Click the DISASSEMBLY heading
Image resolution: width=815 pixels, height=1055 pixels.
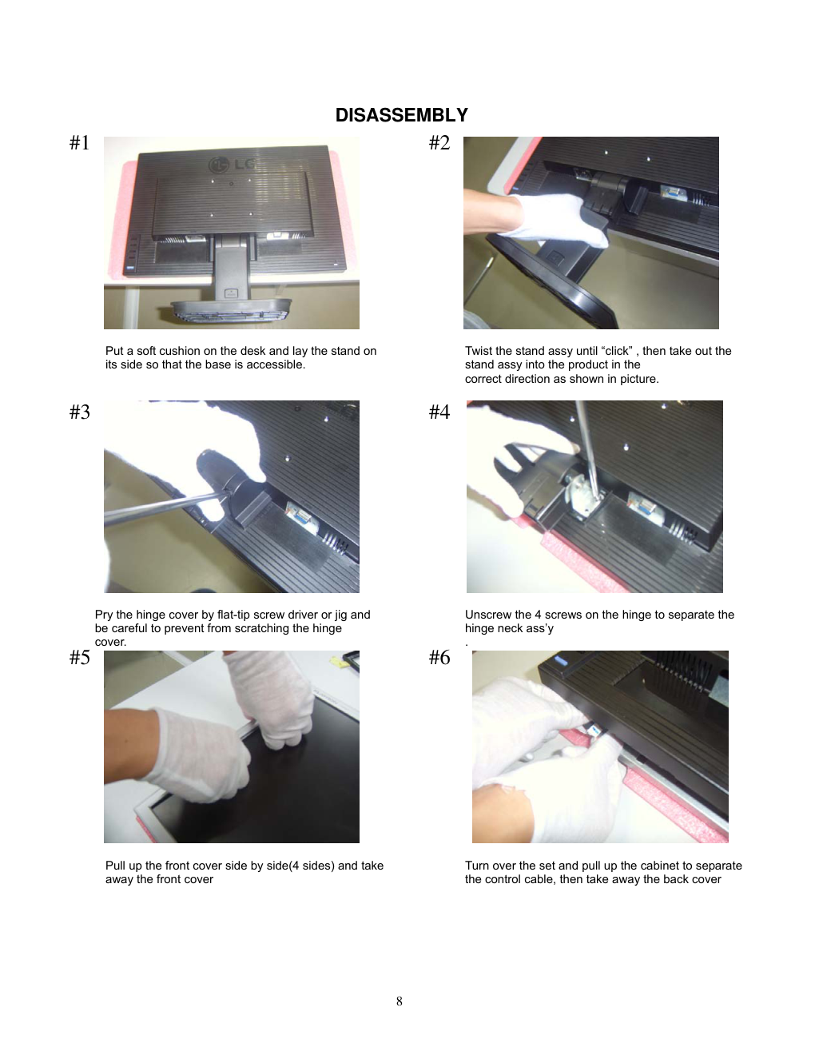(x=401, y=115)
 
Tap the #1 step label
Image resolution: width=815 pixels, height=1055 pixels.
(x=80, y=143)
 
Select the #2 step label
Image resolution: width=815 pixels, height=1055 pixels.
(x=439, y=143)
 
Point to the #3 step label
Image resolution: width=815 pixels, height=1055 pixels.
(x=80, y=412)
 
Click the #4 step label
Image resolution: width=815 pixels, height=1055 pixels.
(x=439, y=412)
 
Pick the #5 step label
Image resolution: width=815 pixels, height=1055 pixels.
(x=80, y=657)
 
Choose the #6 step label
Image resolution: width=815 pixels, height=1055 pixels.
(x=439, y=657)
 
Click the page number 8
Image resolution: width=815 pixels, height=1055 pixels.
(x=399, y=1001)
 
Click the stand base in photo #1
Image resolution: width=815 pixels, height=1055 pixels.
(x=231, y=310)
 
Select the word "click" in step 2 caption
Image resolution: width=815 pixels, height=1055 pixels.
(x=617, y=351)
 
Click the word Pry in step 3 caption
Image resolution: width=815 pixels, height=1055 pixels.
(x=104, y=615)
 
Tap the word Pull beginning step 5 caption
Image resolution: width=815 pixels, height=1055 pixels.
(x=114, y=866)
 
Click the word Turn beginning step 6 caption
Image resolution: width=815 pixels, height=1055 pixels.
(x=475, y=866)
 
